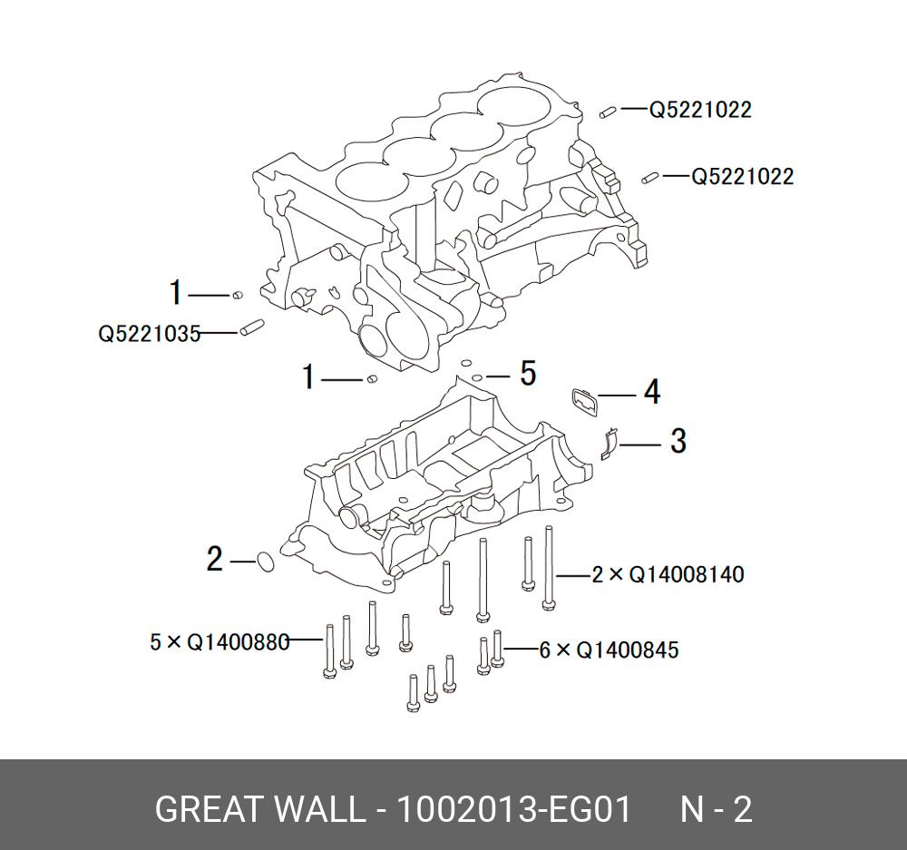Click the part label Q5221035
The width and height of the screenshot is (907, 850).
[x=149, y=334]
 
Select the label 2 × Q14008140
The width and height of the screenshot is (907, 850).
[x=668, y=575]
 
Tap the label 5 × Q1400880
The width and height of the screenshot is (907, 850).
[x=219, y=642]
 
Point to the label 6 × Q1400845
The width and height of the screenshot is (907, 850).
[x=609, y=650]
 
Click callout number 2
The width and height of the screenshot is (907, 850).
[x=214, y=560]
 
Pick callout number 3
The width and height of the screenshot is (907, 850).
[x=678, y=442]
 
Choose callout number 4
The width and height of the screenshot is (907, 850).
[x=651, y=393]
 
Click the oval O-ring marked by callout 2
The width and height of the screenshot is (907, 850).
[x=265, y=562]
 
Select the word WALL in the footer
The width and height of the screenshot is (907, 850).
[x=317, y=809]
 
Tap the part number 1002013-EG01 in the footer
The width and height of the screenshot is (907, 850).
[x=511, y=809]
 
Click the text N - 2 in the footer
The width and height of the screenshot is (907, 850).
[x=717, y=809]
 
